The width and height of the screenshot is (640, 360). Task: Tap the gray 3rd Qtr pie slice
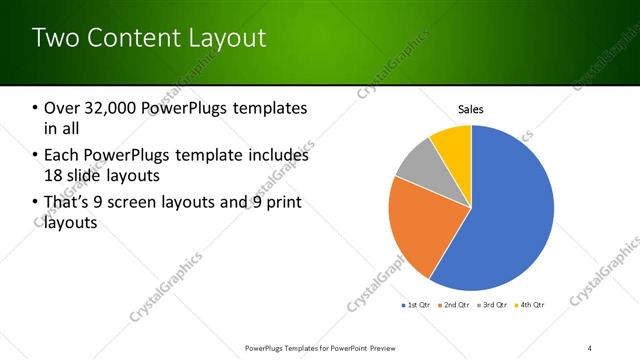point(417,160)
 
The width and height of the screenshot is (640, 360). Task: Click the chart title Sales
point(471,108)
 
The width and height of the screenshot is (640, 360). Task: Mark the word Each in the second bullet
point(60,155)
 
